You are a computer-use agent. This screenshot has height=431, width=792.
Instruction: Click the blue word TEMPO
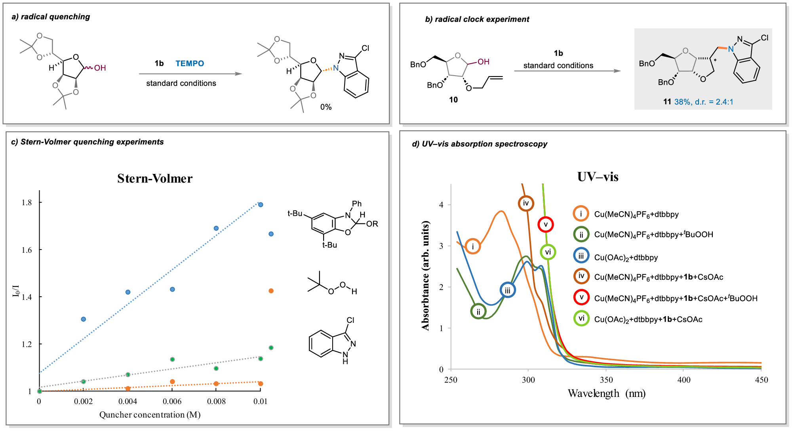[190, 63]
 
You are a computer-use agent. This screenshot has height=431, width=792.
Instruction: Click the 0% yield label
[326, 107]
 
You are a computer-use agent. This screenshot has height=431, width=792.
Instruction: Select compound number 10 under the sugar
[453, 100]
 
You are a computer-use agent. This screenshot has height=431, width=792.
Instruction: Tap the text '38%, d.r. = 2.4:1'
[704, 102]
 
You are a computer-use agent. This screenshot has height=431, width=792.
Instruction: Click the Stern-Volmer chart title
[155, 179]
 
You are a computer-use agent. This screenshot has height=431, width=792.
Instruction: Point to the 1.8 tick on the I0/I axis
[27, 202]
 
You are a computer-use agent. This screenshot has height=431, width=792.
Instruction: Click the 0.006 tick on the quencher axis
[172, 401]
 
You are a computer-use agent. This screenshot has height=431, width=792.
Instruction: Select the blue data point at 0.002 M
[84, 319]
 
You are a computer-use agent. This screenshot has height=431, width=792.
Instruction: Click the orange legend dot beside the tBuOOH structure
[271, 291]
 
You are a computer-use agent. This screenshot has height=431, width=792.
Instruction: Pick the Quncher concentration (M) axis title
[150, 415]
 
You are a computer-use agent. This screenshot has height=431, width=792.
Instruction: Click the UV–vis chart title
[598, 177]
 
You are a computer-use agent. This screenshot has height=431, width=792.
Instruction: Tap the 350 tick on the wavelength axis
[606, 380]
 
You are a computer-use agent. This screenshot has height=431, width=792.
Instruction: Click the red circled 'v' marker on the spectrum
[546, 225]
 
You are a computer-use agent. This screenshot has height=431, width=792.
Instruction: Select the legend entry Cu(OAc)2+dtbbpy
[626, 257]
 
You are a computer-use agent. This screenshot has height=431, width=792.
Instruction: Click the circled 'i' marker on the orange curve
[473, 246]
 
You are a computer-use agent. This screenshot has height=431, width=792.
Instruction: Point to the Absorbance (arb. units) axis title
[426, 275]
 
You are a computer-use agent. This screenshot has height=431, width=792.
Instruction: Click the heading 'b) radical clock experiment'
[477, 19]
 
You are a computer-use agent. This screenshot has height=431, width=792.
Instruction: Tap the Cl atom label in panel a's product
[365, 48]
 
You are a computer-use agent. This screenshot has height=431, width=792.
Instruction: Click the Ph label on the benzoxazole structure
[357, 204]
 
